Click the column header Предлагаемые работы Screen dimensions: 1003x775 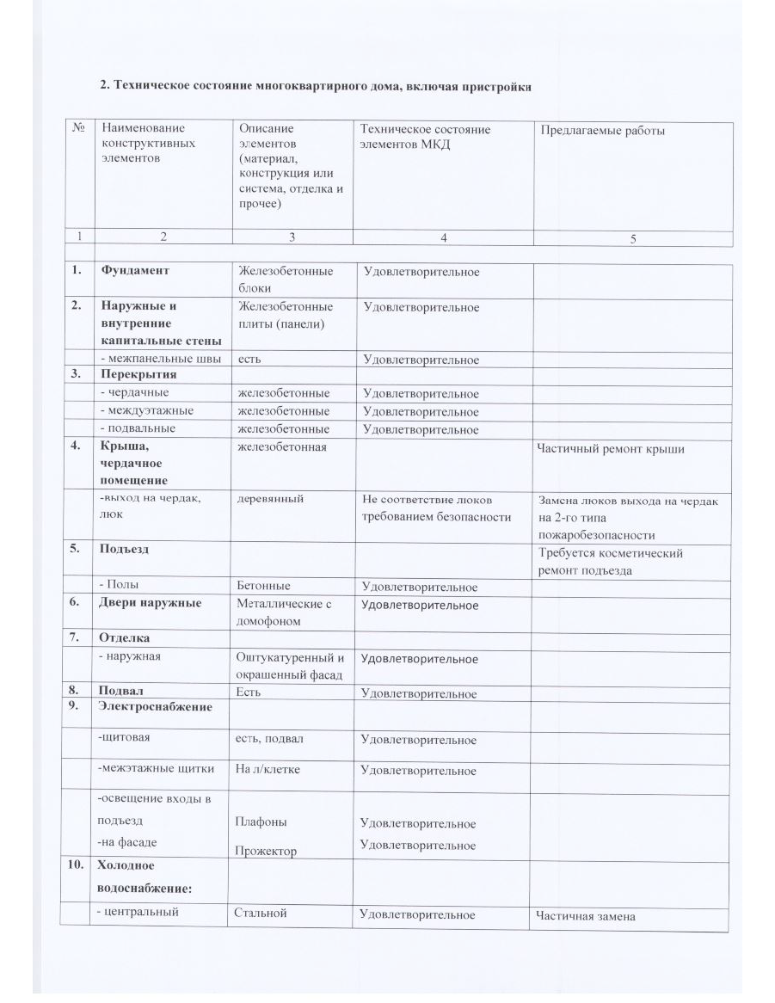[x=603, y=131]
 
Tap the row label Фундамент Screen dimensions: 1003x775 [x=134, y=271]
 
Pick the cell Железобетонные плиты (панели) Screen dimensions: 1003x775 [x=285, y=315]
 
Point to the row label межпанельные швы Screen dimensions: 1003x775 [x=160, y=359]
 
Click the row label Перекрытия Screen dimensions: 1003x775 [x=138, y=375]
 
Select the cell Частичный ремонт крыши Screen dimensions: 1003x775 [x=611, y=449]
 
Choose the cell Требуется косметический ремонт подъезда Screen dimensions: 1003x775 [x=611, y=562]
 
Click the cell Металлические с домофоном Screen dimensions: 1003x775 [x=284, y=612]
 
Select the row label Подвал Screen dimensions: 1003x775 [x=121, y=691]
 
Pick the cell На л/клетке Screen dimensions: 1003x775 [x=268, y=770]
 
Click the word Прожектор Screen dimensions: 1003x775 [x=266, y=851]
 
